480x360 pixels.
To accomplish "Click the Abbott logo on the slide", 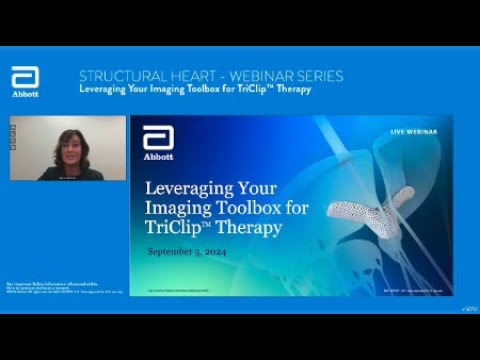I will tap(158, 143).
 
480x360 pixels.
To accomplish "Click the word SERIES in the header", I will tap(319, 76).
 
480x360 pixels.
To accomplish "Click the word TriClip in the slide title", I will tap(176, 227).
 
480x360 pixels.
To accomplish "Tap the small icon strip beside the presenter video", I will tap(13, 141).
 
